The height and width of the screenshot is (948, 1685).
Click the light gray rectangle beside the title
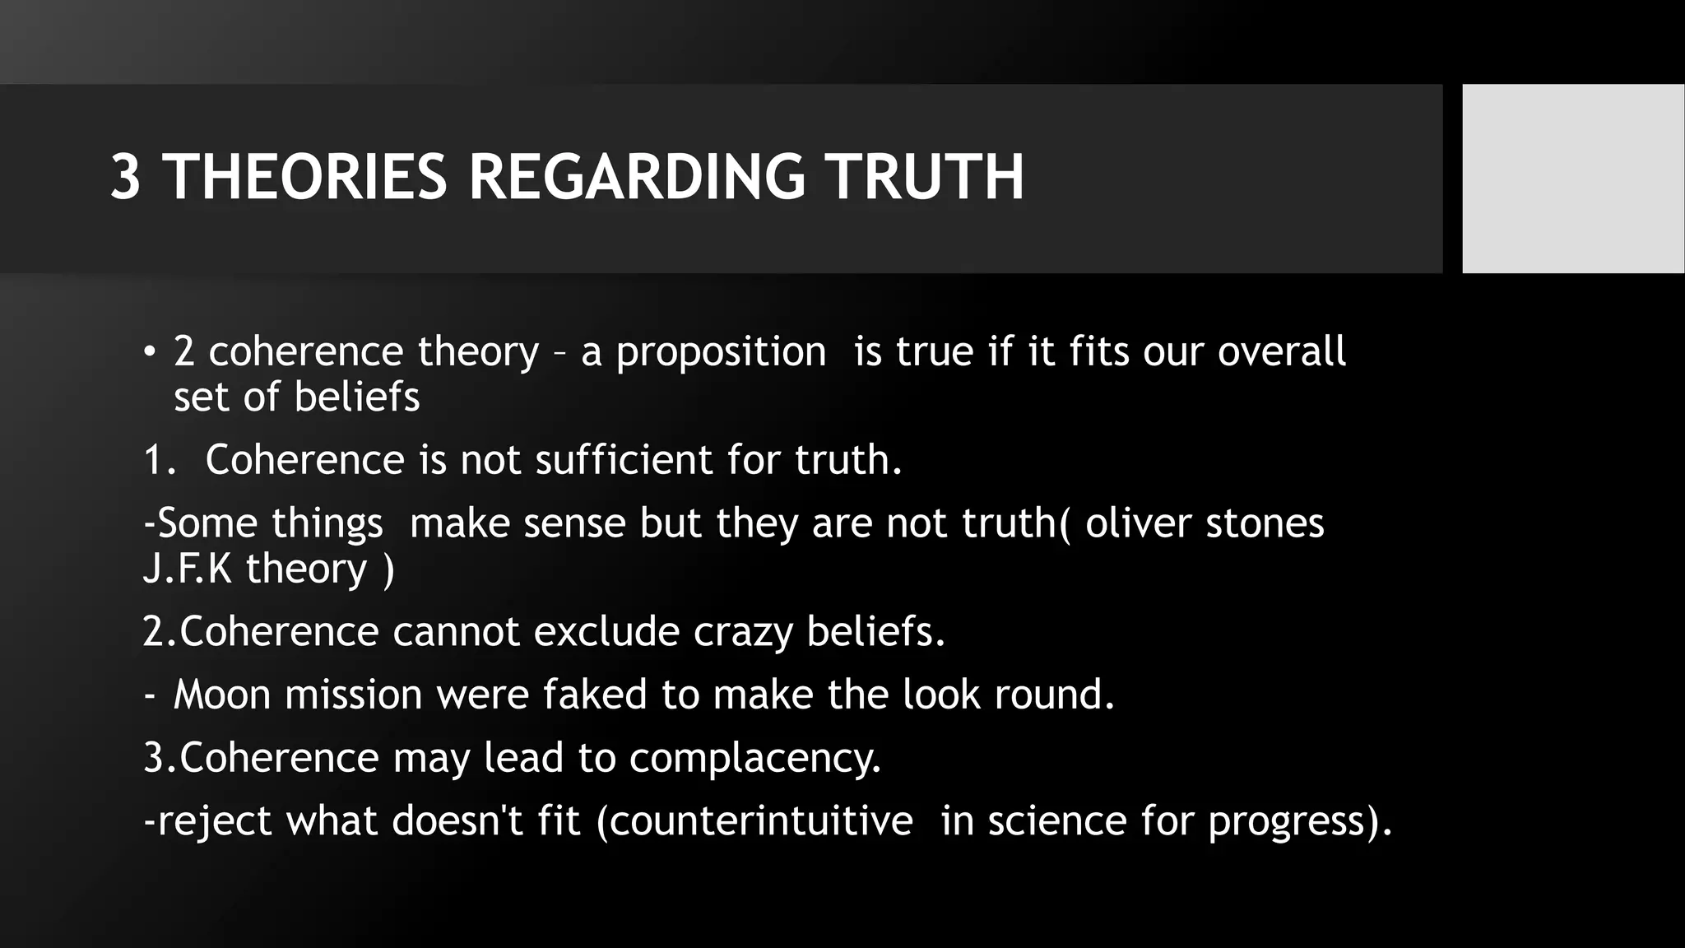pos(1572,178)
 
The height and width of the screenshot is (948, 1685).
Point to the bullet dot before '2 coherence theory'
pos(148,351)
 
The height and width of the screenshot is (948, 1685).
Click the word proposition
pos(721,353)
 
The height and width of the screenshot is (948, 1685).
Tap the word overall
pos(1281,351)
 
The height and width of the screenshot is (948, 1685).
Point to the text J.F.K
pos(187,569)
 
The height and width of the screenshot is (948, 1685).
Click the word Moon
pos(222,695)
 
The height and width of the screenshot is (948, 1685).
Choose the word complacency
pos(754,759)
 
